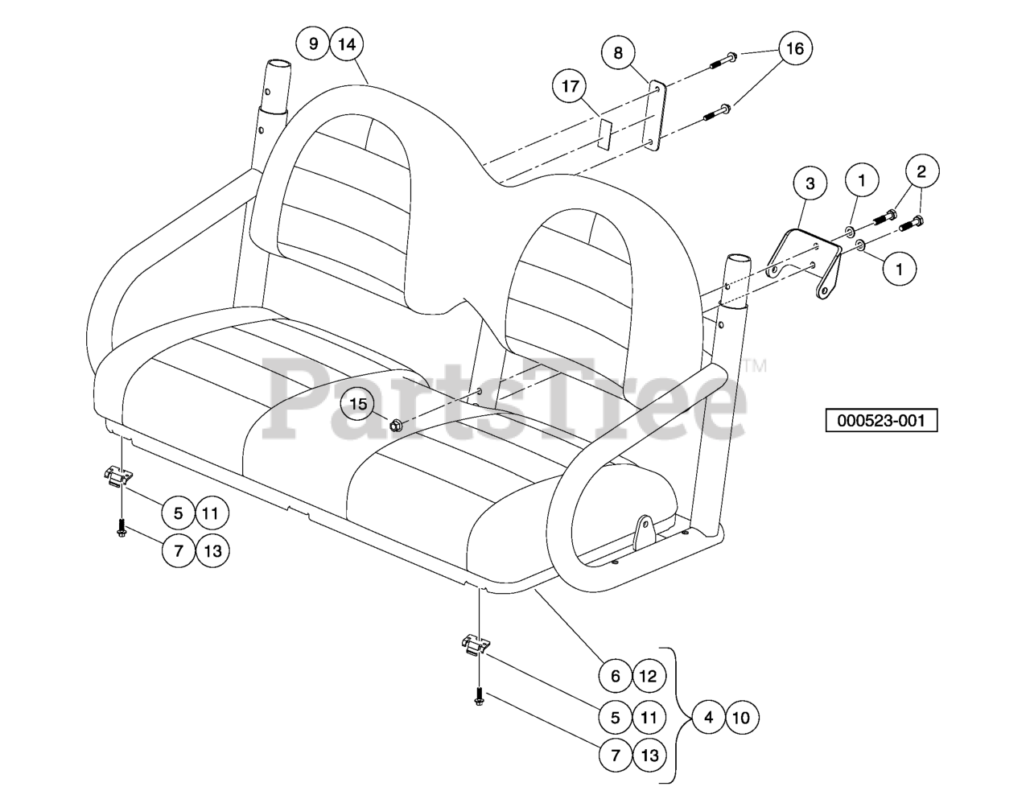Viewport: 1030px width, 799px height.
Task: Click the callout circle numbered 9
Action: tap(312, 44)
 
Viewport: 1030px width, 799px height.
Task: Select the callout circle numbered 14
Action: tap(347, 44)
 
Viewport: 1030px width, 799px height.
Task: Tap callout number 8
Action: tap(618, 52)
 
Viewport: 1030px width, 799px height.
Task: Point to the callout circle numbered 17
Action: tap(570, 86)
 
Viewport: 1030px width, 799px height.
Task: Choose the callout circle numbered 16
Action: tap(795, 47)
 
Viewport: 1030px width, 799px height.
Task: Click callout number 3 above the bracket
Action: tap(810, 183)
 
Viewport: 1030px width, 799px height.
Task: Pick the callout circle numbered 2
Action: tap(922, 171)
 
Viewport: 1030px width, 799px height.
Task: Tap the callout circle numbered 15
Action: tap(358, 404)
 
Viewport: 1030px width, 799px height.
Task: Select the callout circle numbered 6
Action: tap(616, 676)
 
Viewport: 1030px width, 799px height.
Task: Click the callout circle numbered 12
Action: tap(649, 676)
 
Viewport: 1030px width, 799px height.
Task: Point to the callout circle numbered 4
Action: tap(709, 718)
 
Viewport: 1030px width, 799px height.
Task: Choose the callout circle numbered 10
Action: tap(742, 718)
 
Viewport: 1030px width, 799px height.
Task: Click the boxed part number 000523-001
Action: tap(881, 420)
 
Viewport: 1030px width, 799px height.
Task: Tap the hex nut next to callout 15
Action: tap(395, 426)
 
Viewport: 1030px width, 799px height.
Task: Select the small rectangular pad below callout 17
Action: tap(605, 134)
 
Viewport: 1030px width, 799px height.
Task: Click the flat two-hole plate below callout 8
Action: tap(654, 116)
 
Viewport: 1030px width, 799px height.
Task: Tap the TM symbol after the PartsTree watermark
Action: tap(754, 366)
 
